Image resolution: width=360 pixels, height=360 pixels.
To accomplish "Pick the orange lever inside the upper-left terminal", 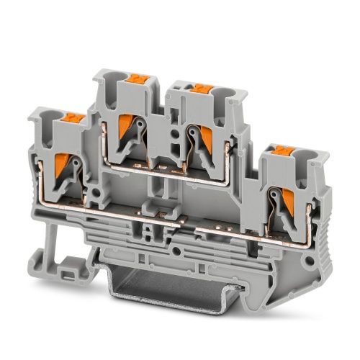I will (x=128, y=130).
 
